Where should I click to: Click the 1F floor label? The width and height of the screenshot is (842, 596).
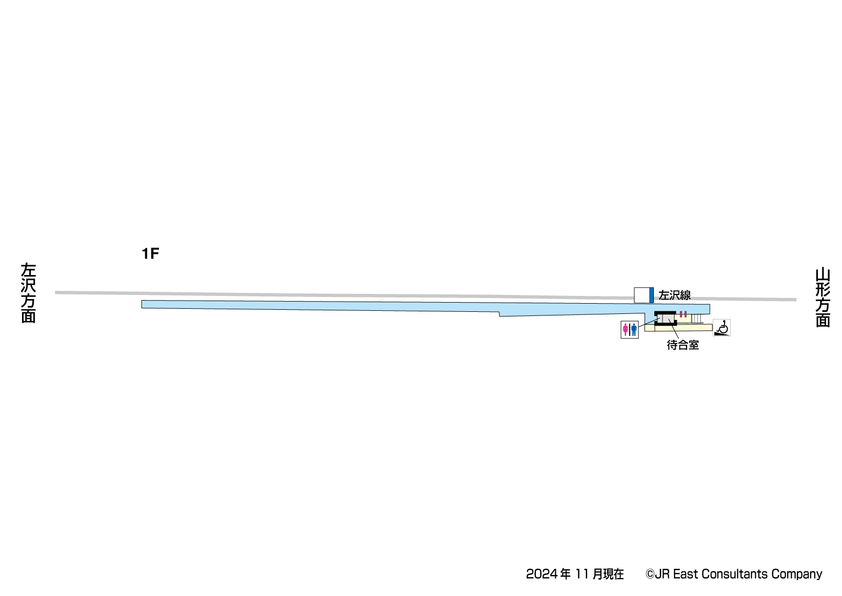point(150,254)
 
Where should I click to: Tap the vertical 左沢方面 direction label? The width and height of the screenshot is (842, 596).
point(28,293)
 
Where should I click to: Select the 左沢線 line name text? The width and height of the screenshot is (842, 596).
point(674,295)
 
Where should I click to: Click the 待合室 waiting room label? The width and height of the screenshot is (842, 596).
point(683,345)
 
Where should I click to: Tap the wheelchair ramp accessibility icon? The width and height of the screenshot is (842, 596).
point(721,328)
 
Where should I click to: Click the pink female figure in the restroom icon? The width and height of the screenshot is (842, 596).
point(626,330)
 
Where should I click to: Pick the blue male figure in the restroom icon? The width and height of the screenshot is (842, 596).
point(634,330)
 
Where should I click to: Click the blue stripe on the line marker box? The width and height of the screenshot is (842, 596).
point(651,295)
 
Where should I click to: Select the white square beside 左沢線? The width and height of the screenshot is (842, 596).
point(641,295)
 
